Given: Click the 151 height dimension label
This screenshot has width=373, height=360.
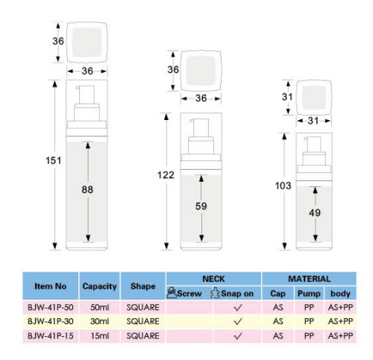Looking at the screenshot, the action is click(53, 160).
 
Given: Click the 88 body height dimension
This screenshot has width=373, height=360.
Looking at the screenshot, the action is click(87, 189).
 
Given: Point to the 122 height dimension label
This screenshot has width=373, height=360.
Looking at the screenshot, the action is click(166, 175).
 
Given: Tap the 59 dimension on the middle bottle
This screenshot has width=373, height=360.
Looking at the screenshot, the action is click(201, 206).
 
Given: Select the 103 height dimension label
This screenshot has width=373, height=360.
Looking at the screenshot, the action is click(283, 186).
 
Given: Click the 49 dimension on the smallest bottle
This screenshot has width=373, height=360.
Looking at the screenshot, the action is click(315, 212).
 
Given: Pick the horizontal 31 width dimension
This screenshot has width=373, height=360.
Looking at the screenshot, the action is click(313, 121).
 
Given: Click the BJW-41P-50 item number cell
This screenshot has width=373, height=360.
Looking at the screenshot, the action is click(51, 307).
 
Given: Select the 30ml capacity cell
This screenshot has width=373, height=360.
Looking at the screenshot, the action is click(99, 321).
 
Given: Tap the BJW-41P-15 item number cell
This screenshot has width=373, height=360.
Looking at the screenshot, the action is click(51, 336).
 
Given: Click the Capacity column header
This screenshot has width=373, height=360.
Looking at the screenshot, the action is click(99, 286).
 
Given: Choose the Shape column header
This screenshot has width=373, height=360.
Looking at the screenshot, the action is click(143, 286).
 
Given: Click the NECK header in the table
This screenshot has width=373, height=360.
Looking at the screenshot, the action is click(213, 279).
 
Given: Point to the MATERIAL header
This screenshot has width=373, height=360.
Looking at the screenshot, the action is click(309, 279).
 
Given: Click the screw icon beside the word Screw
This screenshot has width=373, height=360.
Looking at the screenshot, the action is click(172, 292).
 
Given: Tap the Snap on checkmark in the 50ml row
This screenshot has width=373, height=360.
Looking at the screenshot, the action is click(238, 308).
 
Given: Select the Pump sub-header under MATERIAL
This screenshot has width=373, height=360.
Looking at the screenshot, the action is click(309, 294).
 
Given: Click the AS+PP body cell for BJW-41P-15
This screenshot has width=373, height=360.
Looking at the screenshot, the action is click(340, 336).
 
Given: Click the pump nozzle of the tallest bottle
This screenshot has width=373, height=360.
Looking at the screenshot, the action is click(78, 87).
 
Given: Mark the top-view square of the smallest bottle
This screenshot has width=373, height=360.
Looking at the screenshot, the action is click(314, 98).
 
